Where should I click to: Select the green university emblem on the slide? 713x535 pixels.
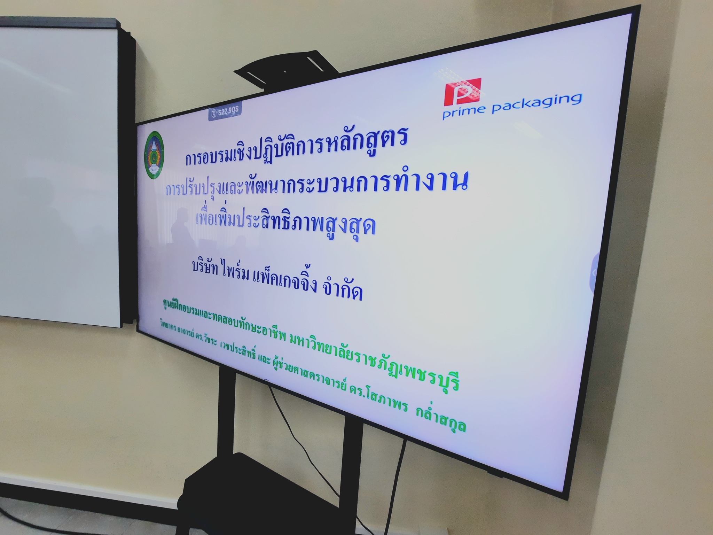click(x=155, y=155)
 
